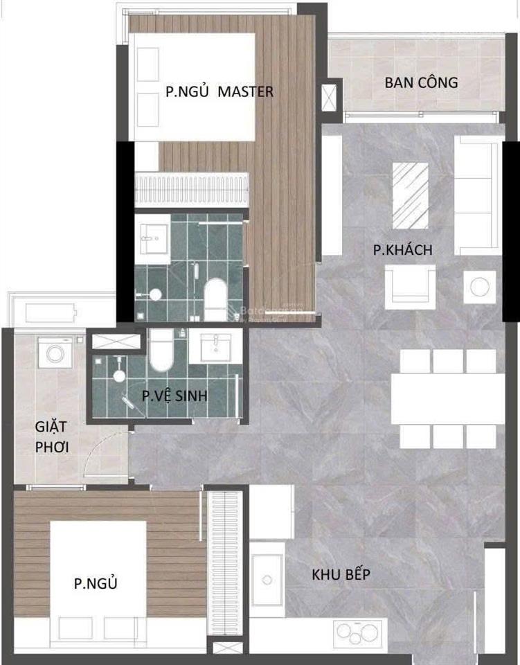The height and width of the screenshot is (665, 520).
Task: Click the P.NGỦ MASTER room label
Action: click(x=219, y=91)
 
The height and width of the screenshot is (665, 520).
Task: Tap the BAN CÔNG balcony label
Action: click(x=421, y=82)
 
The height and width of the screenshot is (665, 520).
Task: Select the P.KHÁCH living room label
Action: click(x=402, y=250)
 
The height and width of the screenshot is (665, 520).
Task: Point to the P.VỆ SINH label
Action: click(x=174, y=396)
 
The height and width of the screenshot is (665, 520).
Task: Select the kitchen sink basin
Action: click(x=267, y=580)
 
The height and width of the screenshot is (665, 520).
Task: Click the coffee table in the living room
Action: click(x=411, y=194)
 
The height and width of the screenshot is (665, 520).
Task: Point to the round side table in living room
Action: click(x=479, y=285)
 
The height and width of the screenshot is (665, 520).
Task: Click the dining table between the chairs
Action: click(x=447, y=398)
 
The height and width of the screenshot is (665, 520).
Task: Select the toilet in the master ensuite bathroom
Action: click(x=216, y=298)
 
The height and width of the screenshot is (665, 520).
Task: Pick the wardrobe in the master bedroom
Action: click(x=192, y=188)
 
